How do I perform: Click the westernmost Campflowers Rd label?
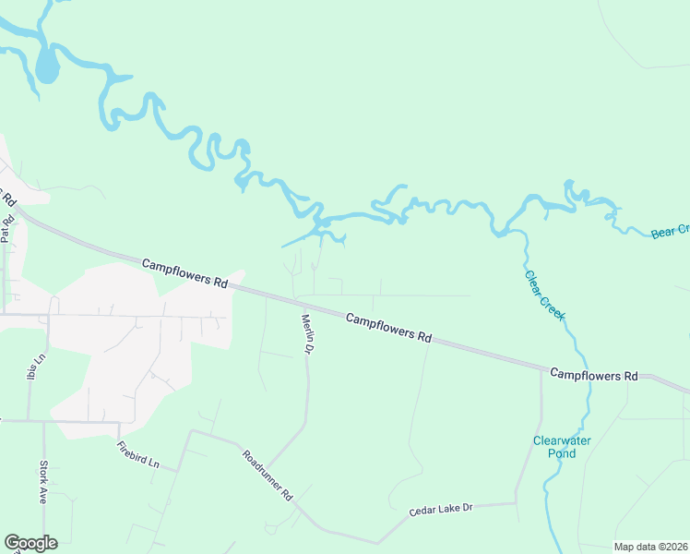point(184,274)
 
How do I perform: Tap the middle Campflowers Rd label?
point(389,329)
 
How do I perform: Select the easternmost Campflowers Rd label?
point(594,376)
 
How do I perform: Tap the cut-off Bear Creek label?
point(670,231)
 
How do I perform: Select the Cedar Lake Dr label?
point(441,509)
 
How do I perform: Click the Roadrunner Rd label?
point(268,476)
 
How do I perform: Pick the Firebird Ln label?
point(138,456)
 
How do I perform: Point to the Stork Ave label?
point(42,482)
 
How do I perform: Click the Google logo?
point(30,543)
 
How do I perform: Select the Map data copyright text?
point(650,547)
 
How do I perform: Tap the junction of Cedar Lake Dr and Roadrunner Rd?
point(378,543)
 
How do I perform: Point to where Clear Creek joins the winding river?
point(506,231)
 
